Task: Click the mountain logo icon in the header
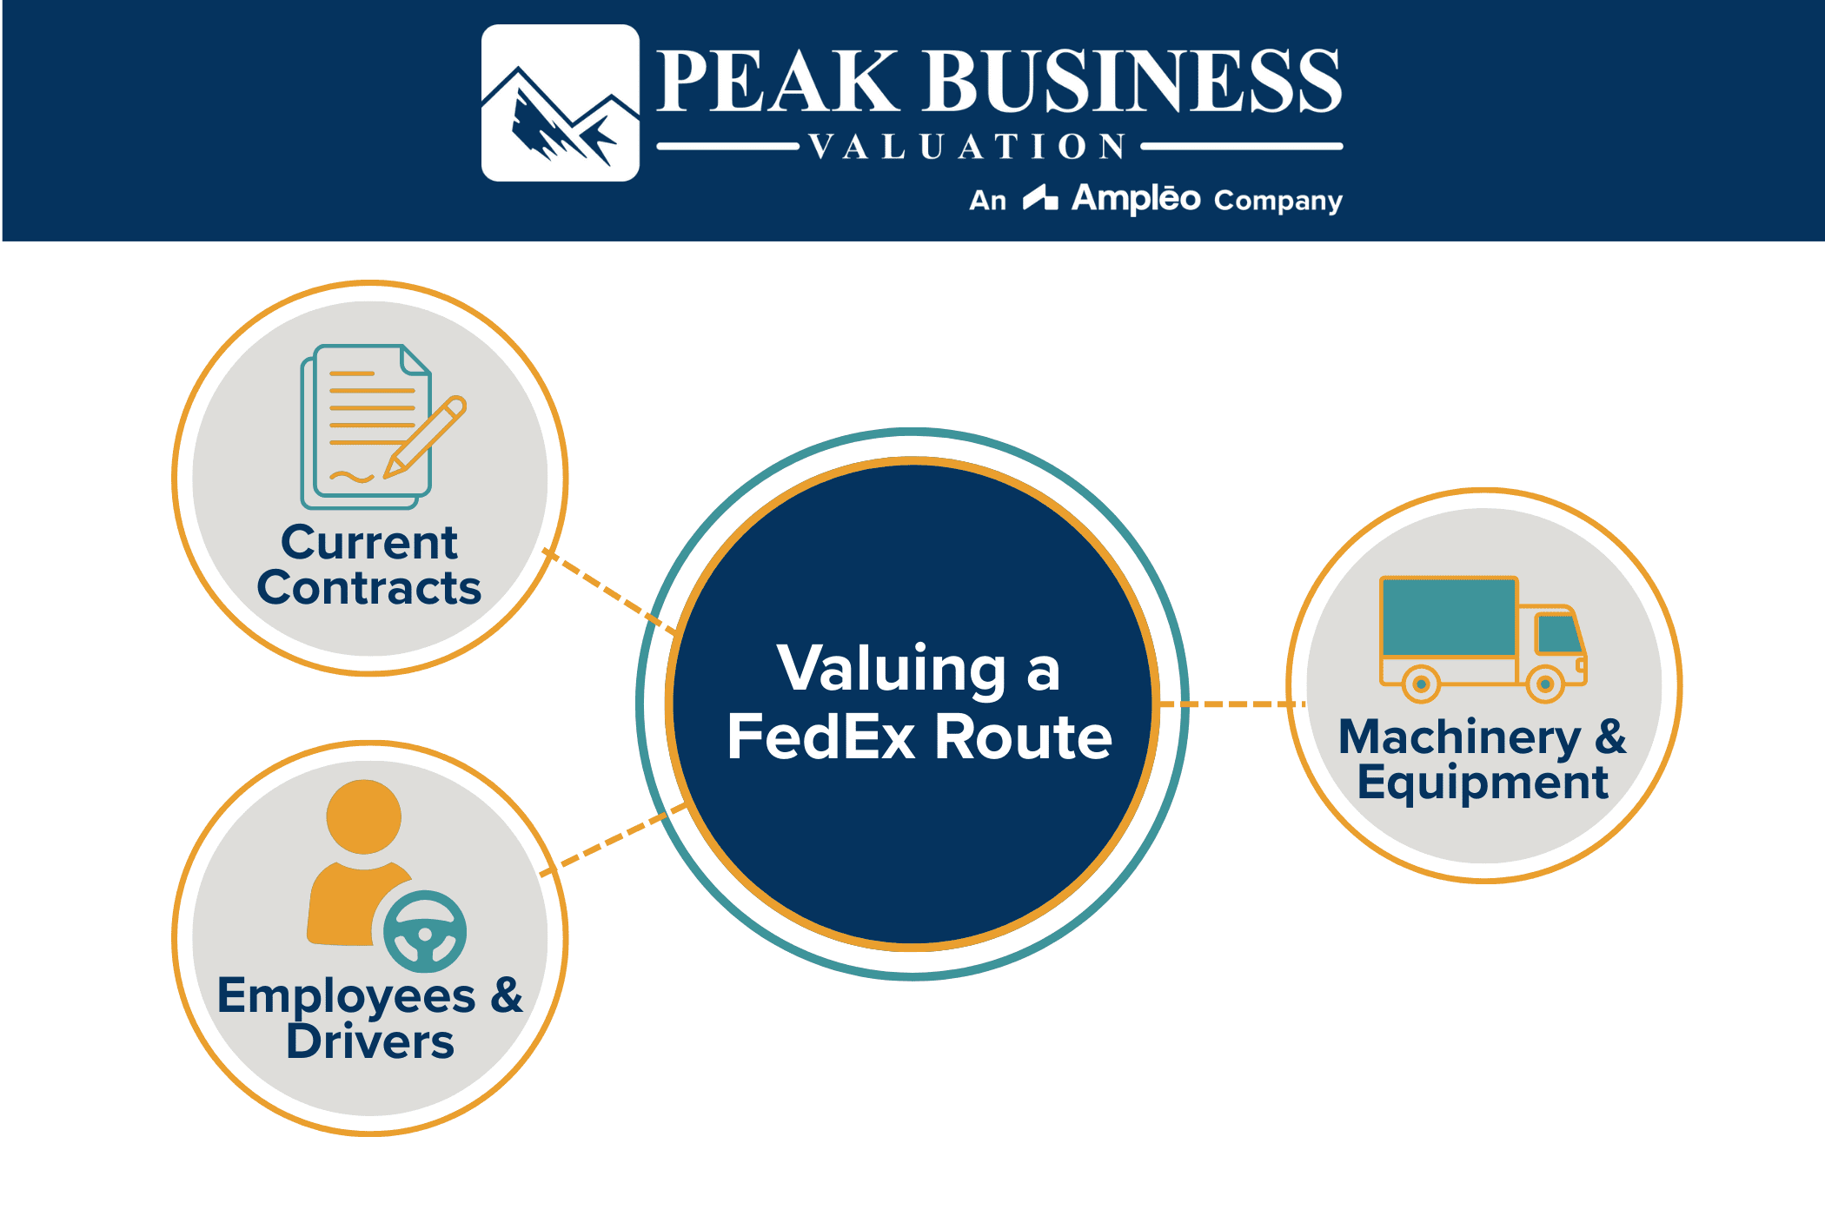[561, 103]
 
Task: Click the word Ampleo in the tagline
[1136, 199]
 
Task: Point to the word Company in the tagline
[1278, 201]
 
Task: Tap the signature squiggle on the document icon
[351, 477]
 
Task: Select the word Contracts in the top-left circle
[369, 588]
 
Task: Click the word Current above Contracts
[369, 543]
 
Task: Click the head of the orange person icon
[364, 816]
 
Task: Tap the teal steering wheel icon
[425, 932]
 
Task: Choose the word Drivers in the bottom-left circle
[370, 1041]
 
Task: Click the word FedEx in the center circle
[821, 737]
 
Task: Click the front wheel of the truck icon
[1545, 684]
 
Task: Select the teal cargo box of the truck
[1449, 618]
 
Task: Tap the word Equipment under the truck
[1483, 783]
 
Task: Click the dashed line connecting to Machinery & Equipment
[1232, 704]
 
